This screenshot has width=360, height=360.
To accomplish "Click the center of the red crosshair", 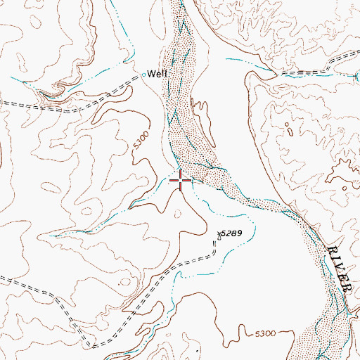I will [x=181, y=181].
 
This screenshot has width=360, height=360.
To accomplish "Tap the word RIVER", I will [x=341, y=267].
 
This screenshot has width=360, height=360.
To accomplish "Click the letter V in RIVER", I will [x=341, y=267].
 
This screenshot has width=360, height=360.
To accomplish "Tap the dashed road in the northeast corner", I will [x=316, y=72].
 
